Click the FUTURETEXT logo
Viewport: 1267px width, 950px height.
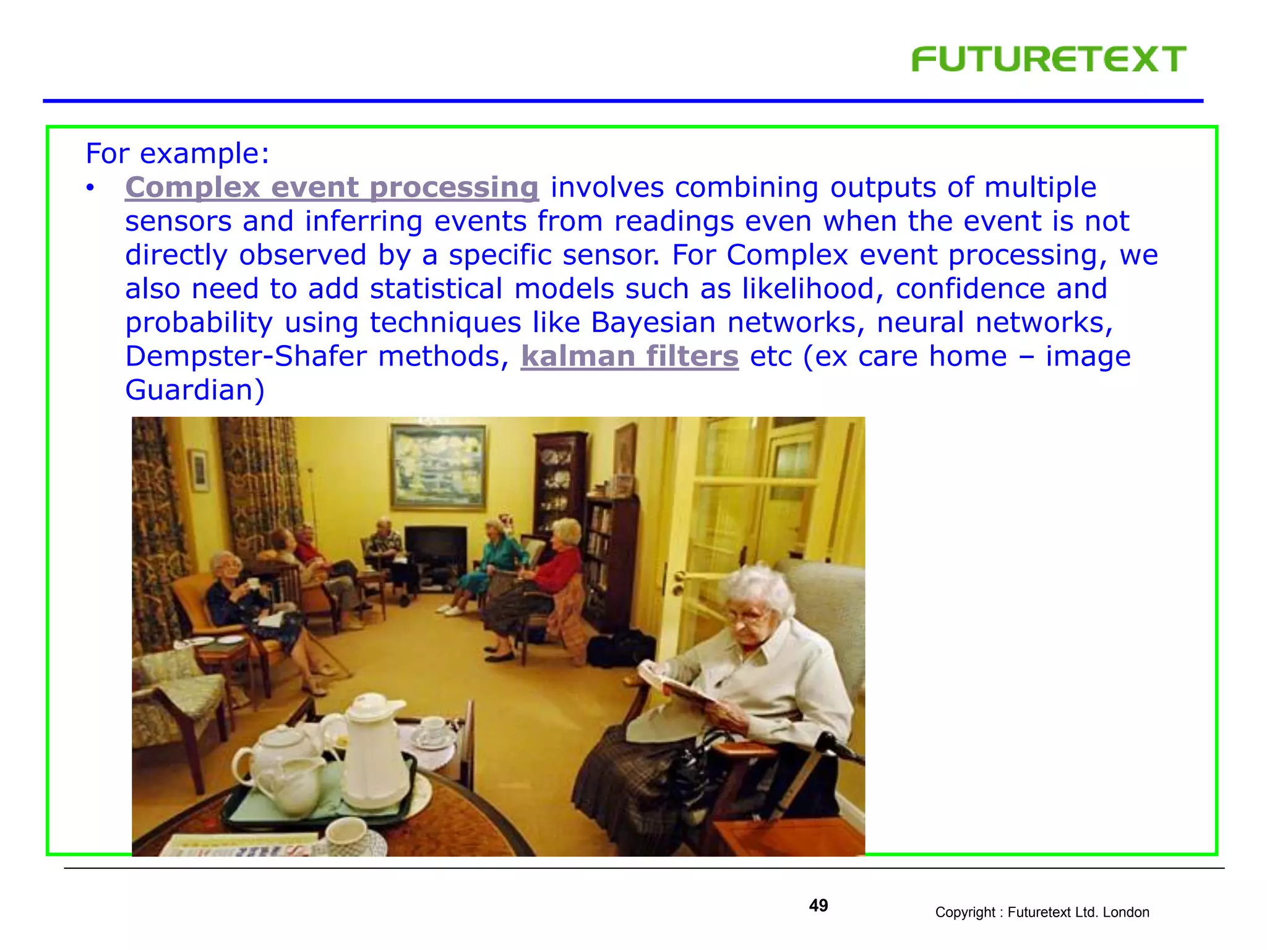(1049, 59)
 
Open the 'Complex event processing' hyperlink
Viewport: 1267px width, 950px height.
(332, 187)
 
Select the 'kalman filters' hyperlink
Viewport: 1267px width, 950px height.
(629, 356)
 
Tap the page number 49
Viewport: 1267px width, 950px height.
(818, 906)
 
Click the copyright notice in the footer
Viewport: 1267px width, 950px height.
(1042, 912)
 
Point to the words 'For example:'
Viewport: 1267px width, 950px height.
(178, 153)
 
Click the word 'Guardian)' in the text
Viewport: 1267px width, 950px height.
(195, 390)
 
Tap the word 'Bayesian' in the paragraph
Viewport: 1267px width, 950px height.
(653, 323)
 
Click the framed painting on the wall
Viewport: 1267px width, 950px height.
(439, 467)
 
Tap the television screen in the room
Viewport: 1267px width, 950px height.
(436, 548)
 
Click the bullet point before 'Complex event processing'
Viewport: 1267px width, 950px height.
(91, 188)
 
